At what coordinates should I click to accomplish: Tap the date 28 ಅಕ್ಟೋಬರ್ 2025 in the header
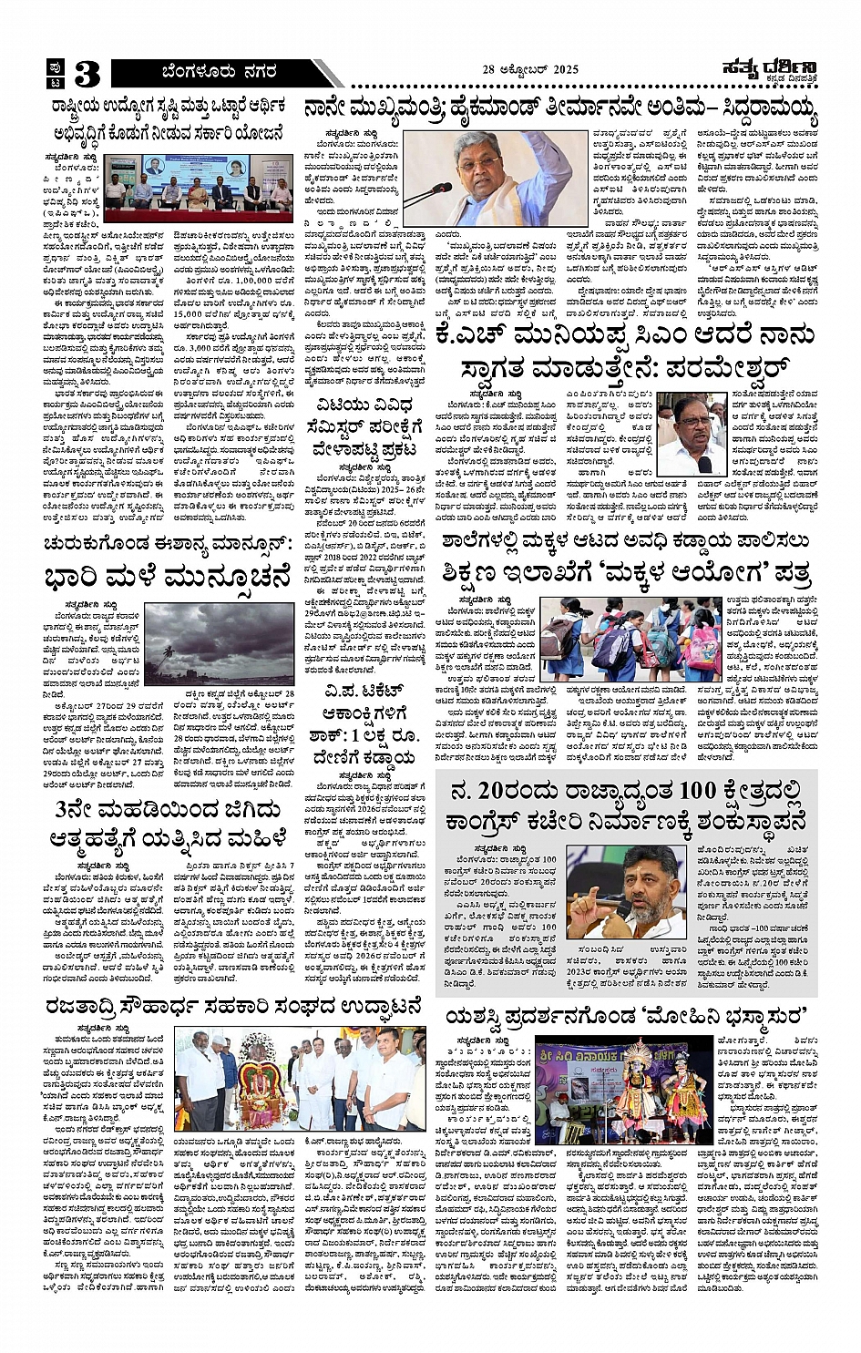pyautogui.click(x=530, y=69)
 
